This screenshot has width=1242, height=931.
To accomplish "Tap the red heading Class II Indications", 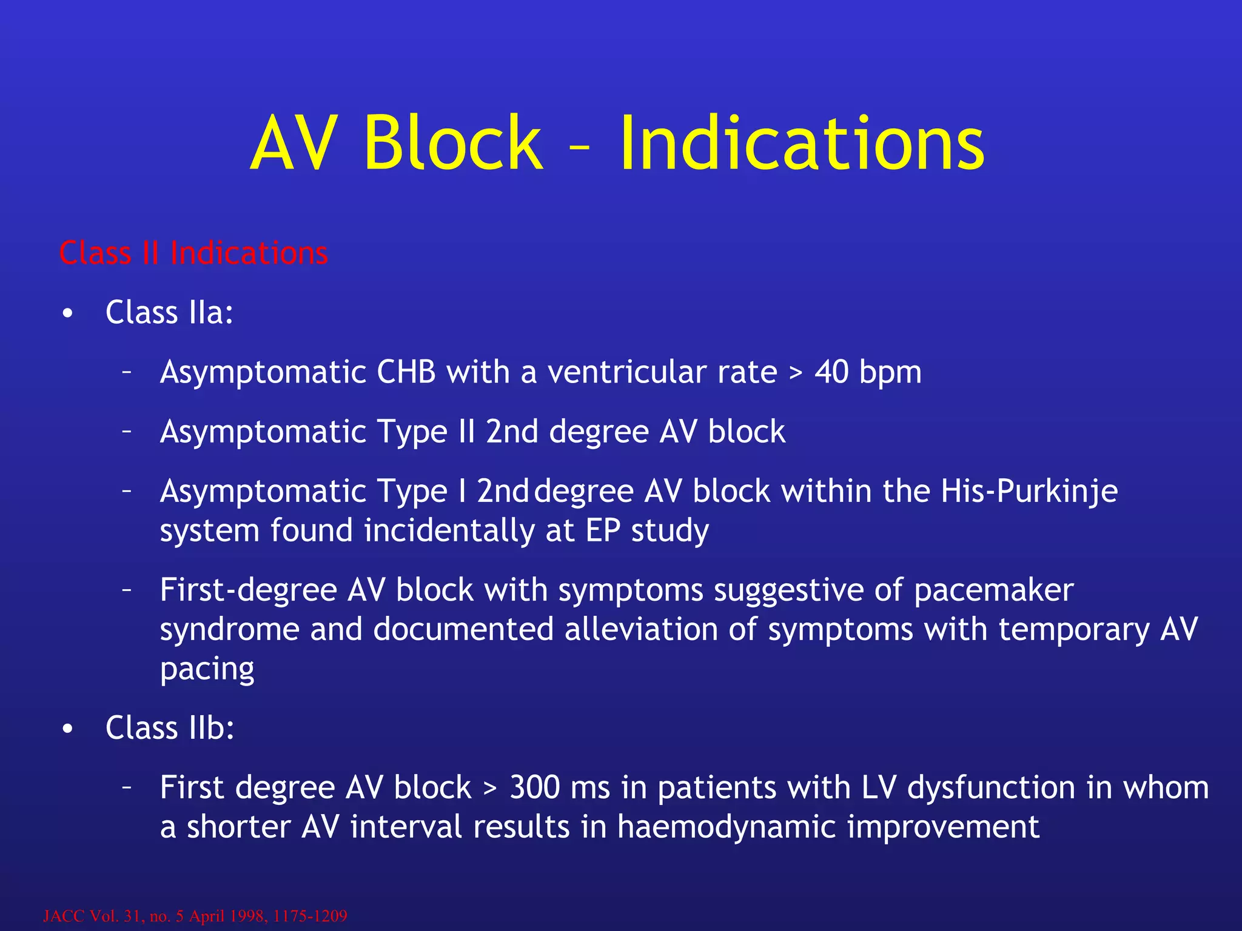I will click(193, 253).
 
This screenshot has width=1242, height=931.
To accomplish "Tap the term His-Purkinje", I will click(1029, 491).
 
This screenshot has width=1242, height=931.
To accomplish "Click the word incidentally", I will click(449, 530).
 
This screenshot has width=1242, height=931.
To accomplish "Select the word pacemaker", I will click(993, 590).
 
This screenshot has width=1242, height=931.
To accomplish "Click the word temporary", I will click(1073, 630).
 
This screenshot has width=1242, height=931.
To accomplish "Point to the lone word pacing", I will click(207, 670).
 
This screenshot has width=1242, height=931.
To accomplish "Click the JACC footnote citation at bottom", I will click(195, 915).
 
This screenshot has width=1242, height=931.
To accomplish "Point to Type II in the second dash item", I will click(426, 432).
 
